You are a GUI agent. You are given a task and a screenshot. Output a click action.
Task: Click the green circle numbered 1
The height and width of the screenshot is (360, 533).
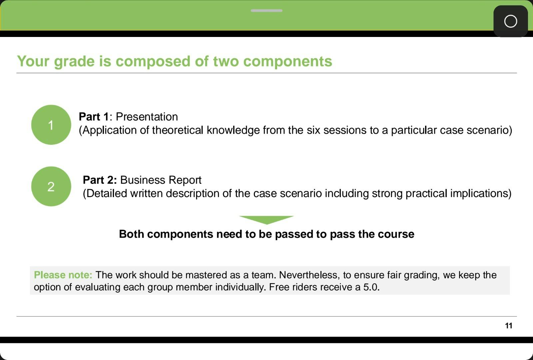(51, 125)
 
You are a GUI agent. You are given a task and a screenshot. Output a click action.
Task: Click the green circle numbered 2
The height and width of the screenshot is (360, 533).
(51, 186)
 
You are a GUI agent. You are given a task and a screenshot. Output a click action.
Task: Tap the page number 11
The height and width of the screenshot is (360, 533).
(509, 326)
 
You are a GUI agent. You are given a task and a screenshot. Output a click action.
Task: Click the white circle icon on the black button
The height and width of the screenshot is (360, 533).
(511, 21)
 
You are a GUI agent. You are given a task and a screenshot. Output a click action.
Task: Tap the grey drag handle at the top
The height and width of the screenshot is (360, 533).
(266, 10)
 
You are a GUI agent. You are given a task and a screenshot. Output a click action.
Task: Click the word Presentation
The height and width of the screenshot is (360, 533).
(147, 117)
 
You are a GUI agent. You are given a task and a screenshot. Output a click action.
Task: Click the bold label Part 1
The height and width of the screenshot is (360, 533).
(94, 117)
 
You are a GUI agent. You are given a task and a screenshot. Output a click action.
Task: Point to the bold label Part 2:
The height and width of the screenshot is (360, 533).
(100, 180)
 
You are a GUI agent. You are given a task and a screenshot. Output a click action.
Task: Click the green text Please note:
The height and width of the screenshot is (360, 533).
(63, 275)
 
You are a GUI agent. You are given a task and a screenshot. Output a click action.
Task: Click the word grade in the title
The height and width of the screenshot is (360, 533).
(74, 62)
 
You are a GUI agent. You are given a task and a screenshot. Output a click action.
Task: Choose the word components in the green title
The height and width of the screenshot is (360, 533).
(287, 62)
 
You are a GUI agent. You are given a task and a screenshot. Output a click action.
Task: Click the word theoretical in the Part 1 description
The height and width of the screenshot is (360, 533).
(178, 130)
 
